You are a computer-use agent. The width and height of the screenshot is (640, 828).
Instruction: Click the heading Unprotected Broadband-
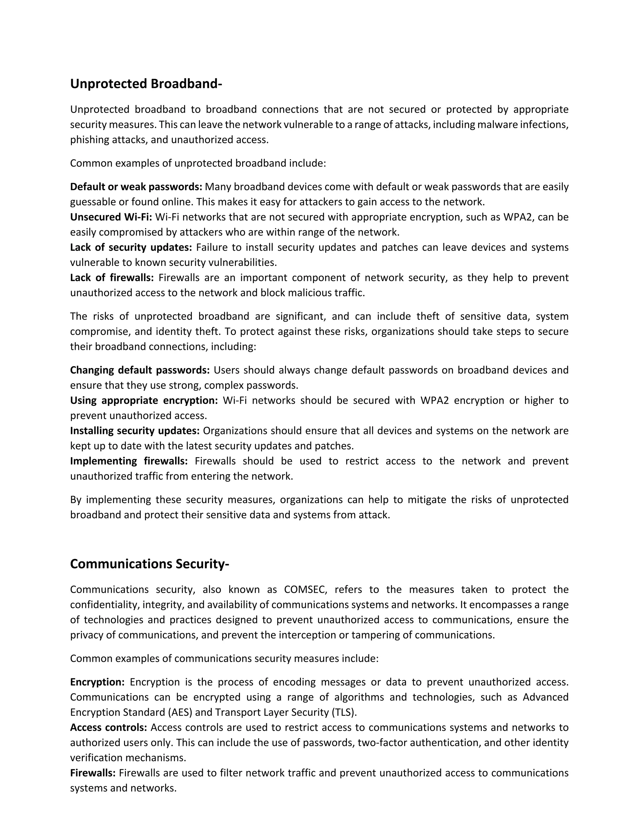tap(146, 84)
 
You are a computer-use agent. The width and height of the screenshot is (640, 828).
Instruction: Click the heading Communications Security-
tap(149, 564)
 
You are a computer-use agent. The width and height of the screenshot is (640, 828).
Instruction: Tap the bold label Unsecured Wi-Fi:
tap(111, 217)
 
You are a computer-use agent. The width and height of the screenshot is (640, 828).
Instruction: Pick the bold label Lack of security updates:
tap(131, 247)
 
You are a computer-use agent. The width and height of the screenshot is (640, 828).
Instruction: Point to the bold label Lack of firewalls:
tap(112, 278)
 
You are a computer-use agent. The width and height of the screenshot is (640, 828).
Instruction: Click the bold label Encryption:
tap(97, 682)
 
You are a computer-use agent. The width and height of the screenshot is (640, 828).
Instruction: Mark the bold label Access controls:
tap(108, 727)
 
